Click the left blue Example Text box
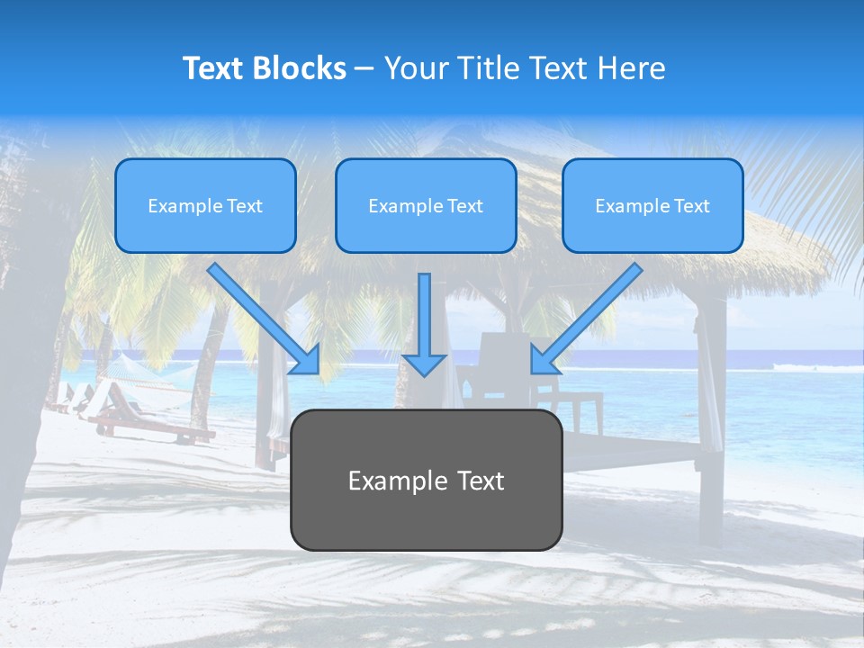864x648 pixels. coord(205,206)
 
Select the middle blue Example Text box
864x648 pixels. coord(426,206)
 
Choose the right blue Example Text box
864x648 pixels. coord(652,206)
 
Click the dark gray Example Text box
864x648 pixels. coord(426,481)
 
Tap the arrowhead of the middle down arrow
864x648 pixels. coord(424,364)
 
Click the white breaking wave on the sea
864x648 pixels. coord(801,366)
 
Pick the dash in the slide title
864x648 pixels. coord(364,68)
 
